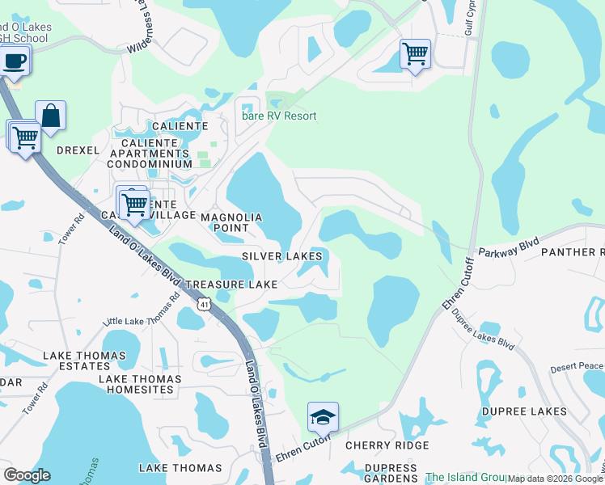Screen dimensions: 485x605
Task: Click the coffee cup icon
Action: point(15,60)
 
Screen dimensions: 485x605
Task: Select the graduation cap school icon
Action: point(323,417)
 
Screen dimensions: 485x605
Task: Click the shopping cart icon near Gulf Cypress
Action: point(415,54)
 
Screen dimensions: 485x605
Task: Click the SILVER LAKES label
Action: point(282,256)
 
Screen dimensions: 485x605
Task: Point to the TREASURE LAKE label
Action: point(231,285)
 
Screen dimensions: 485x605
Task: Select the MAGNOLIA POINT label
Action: point(231,223)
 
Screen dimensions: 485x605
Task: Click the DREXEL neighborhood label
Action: point(78,150)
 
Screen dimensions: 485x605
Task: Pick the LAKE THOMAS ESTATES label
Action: point(84,361)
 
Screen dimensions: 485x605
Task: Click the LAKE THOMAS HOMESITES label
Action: point(136,384)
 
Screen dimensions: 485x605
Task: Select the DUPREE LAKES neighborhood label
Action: point(525,411)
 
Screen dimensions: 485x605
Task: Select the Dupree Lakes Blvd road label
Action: point(482,331)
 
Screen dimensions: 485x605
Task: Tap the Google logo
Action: point(27,475)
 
